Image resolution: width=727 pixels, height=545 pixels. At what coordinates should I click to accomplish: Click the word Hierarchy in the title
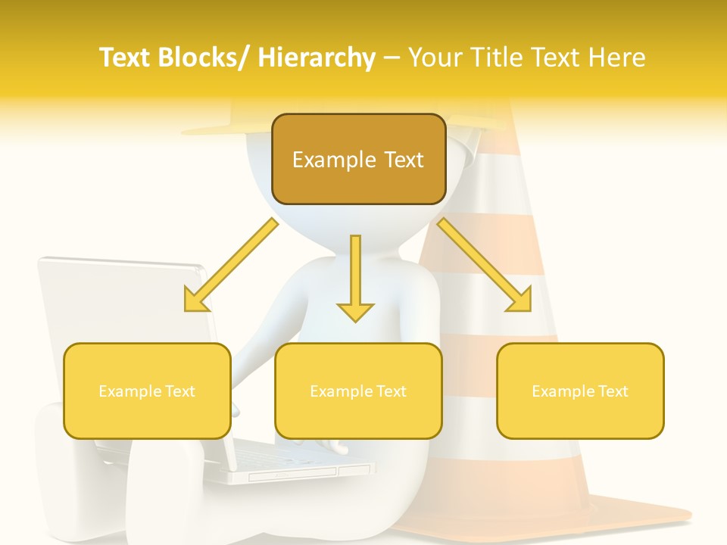coord(317,58)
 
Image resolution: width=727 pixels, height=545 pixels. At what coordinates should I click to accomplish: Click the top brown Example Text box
coord(358,160)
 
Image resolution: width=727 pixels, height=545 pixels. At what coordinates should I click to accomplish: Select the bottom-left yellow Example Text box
coord(147,391)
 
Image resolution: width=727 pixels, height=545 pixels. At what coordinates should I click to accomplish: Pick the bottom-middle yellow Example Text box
coord(358,391)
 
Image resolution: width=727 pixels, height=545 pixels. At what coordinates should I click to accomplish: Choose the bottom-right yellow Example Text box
coord(580,391)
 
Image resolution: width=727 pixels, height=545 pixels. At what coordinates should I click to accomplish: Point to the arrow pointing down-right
coord(485,266)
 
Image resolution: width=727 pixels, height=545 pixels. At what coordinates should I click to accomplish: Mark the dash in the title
coord(392,58)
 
